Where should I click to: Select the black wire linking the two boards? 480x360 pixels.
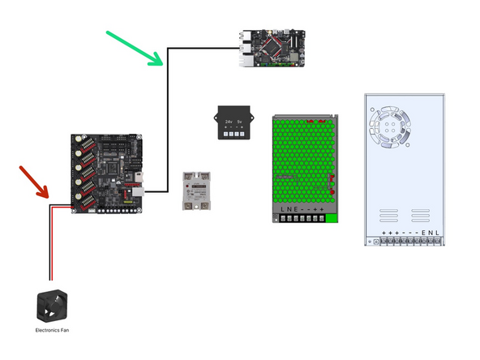coord(168,122)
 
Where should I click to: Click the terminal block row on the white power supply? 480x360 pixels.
coord(404,242)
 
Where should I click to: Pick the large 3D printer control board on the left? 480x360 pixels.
coord(106,173)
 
